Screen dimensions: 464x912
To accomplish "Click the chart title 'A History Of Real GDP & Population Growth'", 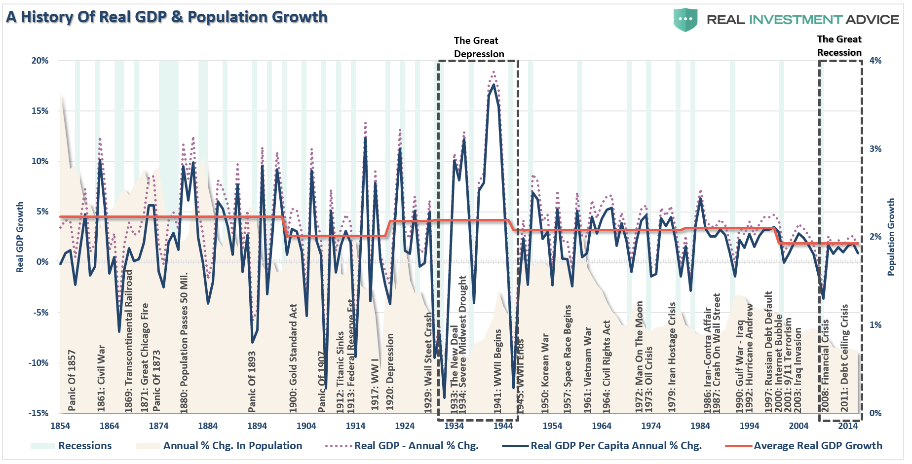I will (x=167, y=17).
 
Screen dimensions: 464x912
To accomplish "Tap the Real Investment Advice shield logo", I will (x=685, y=20).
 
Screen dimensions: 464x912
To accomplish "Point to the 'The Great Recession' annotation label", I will (x=839, y=46).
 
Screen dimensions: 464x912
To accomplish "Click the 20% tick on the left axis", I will (x=40, y=61).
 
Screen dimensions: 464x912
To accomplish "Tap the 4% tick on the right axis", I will (x=875, y=61).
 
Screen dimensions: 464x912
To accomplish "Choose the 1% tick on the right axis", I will (x=875, y=325).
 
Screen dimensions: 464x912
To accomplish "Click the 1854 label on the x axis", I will (x=60, y=426).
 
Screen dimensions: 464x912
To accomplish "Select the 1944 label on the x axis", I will (x=503, y=426).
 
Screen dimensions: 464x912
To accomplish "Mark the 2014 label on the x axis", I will (x=848, y=426).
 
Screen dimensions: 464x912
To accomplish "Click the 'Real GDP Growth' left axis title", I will (x=20, y=237).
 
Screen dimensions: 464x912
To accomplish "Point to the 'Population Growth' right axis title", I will (x=891, y=237).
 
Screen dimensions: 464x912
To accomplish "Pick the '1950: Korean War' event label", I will (x=545, y=373).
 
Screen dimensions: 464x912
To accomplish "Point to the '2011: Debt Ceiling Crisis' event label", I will (x=844, y=357).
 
